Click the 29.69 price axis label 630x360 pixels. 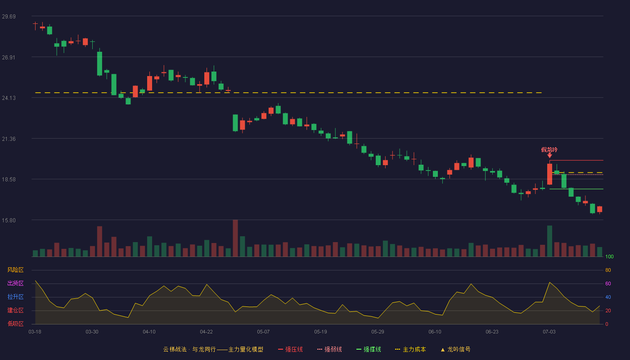(9, 17)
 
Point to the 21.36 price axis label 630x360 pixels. (9, 139)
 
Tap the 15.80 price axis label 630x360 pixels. (9, 220)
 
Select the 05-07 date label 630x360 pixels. (263, 332)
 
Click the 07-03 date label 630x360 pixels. (549, 332)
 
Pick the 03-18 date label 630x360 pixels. (35, 332)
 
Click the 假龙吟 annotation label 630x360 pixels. (549, 149)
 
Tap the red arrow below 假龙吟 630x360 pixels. (549, 156)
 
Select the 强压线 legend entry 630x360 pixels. (290, 349)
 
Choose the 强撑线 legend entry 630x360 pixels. (369, 349)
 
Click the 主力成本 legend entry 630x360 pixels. (410, 349)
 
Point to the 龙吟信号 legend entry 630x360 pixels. (455, 349)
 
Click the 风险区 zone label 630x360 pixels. (15, 270)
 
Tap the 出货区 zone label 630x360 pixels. (15, 283)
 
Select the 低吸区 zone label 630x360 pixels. (15, 324)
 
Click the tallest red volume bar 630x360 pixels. (235, 238)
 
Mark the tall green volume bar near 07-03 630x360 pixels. (549, 241)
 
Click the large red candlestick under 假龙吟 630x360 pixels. (549, 174)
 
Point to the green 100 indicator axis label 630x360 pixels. (609, 256)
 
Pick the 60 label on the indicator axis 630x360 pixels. (608, 283)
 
